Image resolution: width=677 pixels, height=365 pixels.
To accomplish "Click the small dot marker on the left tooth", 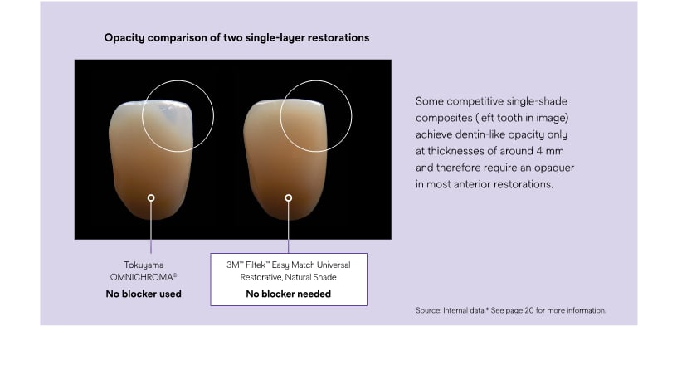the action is click(x=151, y=197).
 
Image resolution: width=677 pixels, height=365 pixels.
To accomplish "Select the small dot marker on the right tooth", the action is click(x=289, y=197).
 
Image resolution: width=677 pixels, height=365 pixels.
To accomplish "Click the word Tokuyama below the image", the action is click(x=144, y=265).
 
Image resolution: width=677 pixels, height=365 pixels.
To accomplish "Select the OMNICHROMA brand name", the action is click(x=142, y=277).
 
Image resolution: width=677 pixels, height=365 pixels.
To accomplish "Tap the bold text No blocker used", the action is click(x=144, y=294).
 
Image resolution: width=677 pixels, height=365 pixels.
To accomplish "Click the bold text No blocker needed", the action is click(x=289, y=294).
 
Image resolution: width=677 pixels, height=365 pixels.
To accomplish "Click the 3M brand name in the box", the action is click(x=233, y=265).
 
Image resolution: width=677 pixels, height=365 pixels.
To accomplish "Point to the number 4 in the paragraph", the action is click(x=540, y=151).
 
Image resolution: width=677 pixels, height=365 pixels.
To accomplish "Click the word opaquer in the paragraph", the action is click(x=554, y=168).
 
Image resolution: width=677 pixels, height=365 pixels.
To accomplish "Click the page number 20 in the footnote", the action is click(x=529, y=310).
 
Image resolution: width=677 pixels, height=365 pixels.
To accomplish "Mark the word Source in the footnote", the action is click(x=428, y=310).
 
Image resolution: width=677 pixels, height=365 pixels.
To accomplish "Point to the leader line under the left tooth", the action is click(x=151, y=227).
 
